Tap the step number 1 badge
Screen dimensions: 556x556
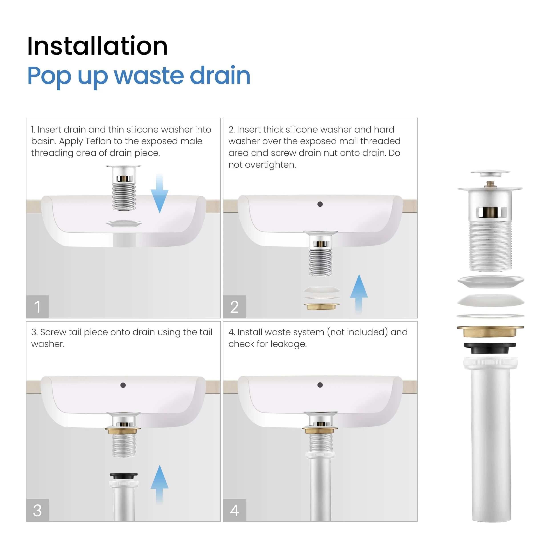37,306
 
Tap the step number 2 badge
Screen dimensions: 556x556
234,306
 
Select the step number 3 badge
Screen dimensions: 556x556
37,510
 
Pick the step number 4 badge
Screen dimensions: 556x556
234,510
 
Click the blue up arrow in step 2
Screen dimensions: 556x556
359,294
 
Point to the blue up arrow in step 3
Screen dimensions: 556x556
159,484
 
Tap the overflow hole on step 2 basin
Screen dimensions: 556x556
320,204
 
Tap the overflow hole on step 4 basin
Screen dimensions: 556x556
320,385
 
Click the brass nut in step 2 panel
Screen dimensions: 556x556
321,306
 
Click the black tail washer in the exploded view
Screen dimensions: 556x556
490,348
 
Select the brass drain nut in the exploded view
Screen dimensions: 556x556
490,331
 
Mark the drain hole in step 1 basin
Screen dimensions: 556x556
124,223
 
